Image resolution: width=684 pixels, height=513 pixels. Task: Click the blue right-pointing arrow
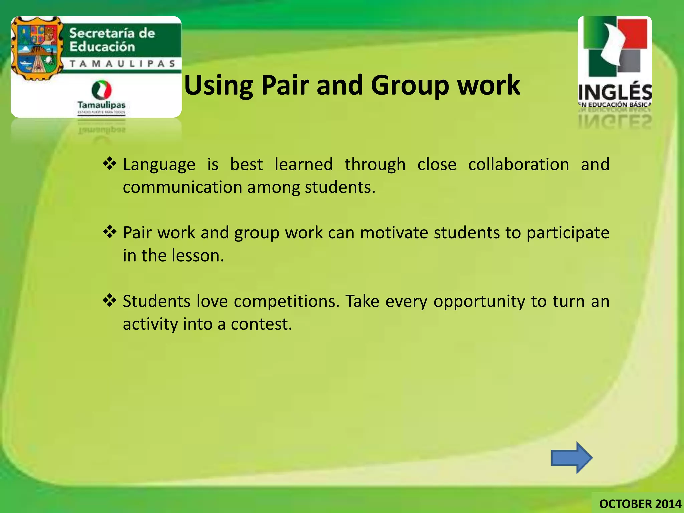[x=571, y=458]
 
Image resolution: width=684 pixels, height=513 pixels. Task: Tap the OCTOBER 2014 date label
[x=640, y=504]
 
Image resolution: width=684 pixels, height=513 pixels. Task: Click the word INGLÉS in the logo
[x=615, y=92]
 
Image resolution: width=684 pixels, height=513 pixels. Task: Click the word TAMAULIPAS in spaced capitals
[x=123, y=64]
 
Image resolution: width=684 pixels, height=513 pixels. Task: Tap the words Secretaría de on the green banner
[x=112, y=33]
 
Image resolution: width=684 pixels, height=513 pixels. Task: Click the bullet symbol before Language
[x=110, y=164]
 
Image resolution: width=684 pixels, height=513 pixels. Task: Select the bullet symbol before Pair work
[x=110, y=232]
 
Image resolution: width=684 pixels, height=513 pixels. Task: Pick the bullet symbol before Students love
[x=110, y=300]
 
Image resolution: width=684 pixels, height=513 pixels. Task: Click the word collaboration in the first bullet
[x=518, y=164]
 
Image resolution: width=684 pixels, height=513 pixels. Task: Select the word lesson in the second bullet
[x=198, y=255]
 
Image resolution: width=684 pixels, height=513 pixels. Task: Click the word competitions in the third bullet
[x=287, y=301]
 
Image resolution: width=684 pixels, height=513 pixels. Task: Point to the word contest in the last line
[x=261, y=324]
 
